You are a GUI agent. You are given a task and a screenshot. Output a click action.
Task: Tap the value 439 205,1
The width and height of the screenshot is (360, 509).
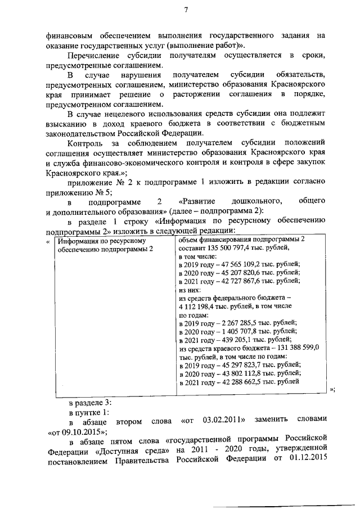coord(233,340)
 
